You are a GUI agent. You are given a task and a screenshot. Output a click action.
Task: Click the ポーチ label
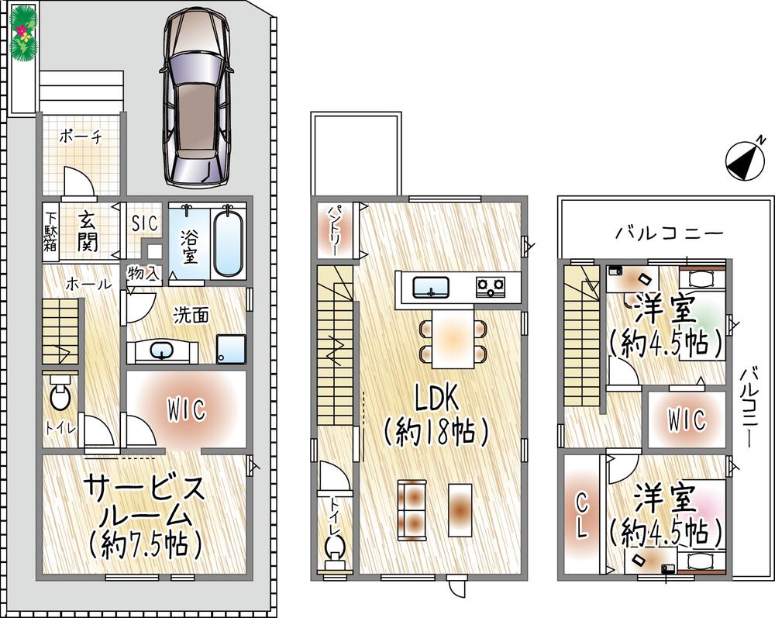81,136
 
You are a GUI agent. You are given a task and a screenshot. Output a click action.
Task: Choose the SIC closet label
144,223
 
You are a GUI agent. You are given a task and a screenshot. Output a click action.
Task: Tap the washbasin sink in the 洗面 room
163,351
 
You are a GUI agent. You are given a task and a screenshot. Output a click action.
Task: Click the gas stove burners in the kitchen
491,288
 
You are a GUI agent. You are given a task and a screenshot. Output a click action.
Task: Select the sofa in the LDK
412,509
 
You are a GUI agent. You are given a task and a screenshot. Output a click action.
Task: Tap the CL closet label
582,514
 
